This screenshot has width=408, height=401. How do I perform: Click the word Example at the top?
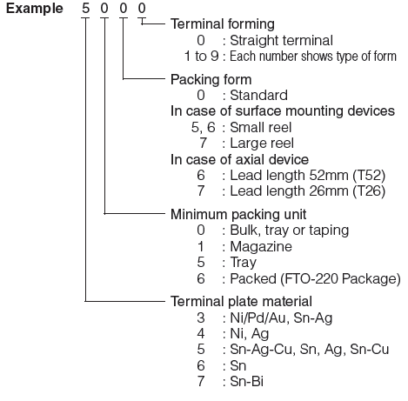[35, 9]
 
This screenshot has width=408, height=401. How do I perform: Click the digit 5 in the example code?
[85, 8]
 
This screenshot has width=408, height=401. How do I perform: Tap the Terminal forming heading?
[223, 23]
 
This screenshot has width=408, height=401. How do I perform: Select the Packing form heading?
[211, 79]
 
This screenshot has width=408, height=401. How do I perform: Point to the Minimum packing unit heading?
[238, 214]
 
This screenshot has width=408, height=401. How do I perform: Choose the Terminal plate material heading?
[241, 301]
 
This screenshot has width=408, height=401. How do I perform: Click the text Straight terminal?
[281, 41]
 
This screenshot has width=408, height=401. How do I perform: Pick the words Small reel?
[261, 127]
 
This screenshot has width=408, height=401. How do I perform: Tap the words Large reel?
[262, 144]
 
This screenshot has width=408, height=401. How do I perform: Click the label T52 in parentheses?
[369, 175]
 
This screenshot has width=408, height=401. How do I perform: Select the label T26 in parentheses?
[369, 191]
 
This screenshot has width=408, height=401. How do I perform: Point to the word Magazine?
[261, 247]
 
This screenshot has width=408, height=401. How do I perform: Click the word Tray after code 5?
[244, 263]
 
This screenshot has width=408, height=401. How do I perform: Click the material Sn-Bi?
[247, 381]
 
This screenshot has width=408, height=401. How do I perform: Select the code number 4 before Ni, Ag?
[201, 333]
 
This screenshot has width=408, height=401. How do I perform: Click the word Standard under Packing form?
[258, 96]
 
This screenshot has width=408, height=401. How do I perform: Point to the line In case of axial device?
[239, 160]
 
